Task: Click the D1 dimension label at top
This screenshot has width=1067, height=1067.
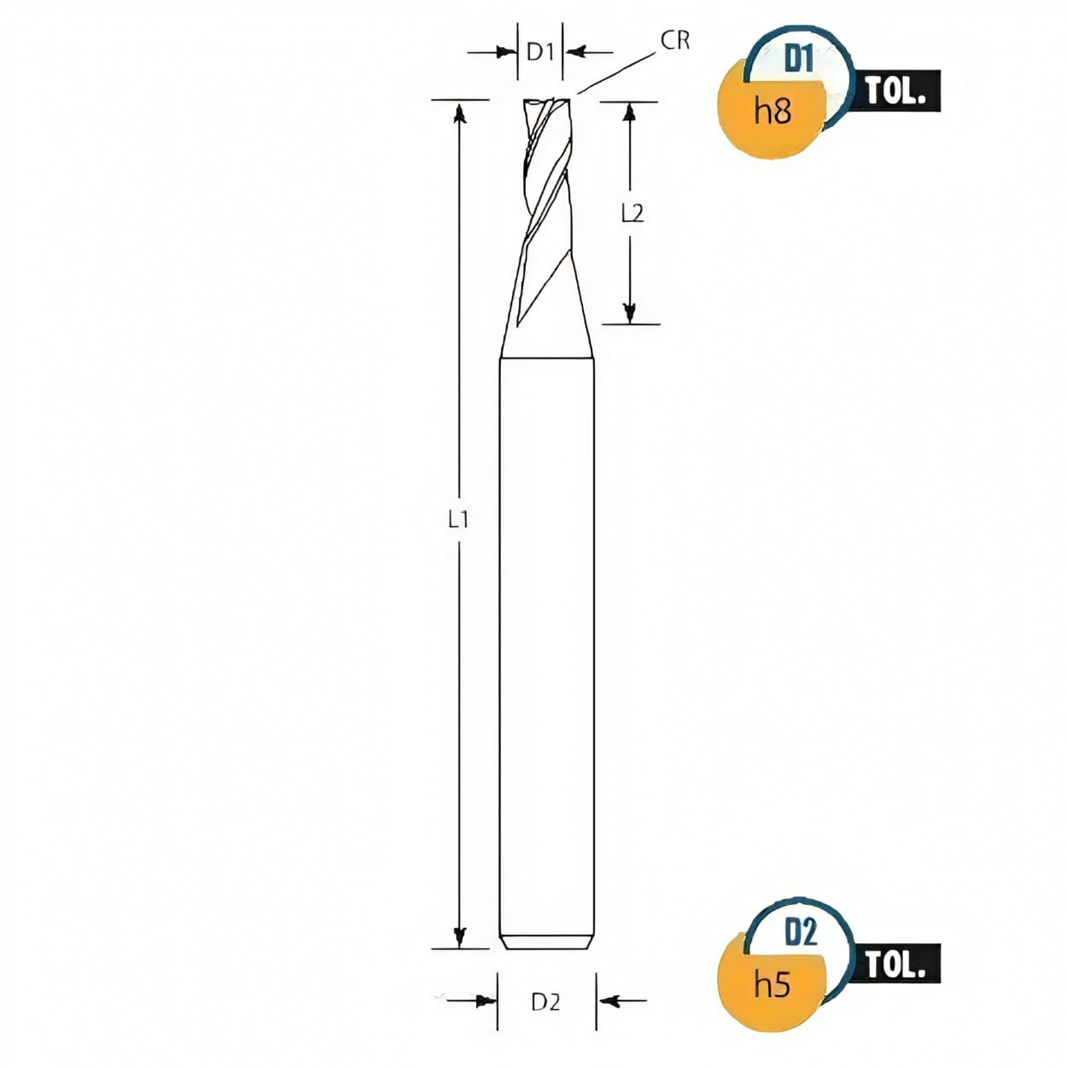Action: (x=540, y=52)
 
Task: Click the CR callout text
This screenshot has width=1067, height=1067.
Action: (x=674, y=40)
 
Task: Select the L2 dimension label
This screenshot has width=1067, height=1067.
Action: (x=633, y=213)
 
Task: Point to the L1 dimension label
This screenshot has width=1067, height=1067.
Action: (x=459, y=518)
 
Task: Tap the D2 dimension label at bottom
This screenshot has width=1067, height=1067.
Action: (x=545, y=1001)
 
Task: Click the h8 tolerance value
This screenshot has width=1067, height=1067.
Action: (x=773, y=111)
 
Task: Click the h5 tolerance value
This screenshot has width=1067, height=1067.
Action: (x=773, y=984)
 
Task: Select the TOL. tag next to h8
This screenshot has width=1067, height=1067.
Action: (x=895, y=90)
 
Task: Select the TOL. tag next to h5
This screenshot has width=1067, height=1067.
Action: (x=895, y=965)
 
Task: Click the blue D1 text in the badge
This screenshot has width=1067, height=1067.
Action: (x=799, y=60)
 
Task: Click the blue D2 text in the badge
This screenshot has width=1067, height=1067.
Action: (x=801, y=933)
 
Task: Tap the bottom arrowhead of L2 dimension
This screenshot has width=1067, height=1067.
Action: (x=630, y=312)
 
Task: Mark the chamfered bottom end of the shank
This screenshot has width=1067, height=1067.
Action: (x=546, y=943)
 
